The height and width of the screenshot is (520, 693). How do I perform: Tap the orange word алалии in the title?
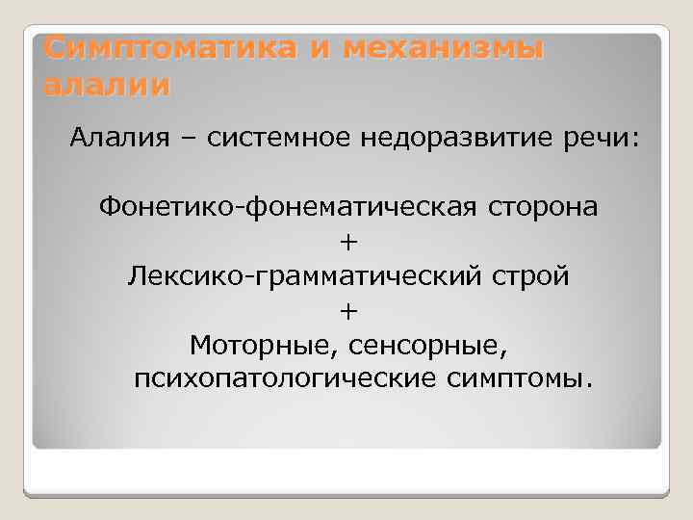coord(107,85)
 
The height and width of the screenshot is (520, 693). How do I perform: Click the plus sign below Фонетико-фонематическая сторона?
coord(347,242)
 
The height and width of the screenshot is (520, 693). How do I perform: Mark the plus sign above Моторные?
coord(347,310)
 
